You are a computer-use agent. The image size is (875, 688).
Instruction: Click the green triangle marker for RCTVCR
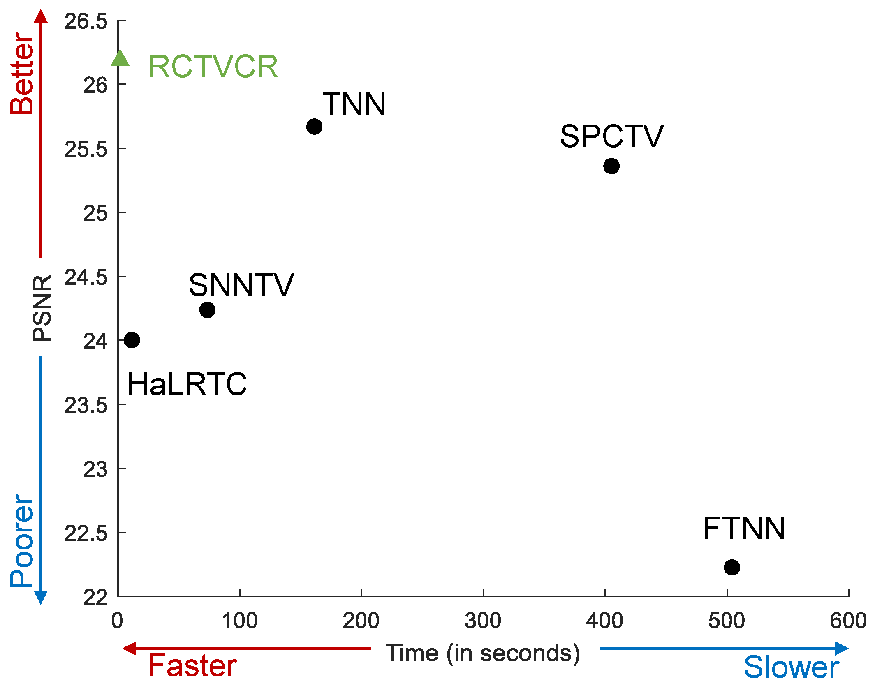tap(120, 59)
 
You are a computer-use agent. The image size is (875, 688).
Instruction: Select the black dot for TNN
tap(314, 127)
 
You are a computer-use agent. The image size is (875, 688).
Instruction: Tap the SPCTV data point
tap(611, 166)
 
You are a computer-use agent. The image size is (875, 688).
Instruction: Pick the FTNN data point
tap(732, 567)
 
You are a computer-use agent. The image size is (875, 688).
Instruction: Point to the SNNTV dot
tap(207, 309)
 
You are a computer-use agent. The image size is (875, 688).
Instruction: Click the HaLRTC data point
tap(132, 340)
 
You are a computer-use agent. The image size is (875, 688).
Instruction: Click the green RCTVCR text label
tap(213, 67)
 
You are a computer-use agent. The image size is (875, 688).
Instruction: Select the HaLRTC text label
tap(187, 384)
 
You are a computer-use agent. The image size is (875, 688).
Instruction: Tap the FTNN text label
tap(744, 529)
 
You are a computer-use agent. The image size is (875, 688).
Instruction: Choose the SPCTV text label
tap(611, 136)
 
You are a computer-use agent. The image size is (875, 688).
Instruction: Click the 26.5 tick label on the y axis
tap(86, 21)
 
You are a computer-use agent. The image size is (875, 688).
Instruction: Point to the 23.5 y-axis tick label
tap(86, 406)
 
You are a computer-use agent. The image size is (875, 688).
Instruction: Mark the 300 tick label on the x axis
tap(483, 621)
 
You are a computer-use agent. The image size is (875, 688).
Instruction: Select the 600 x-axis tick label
tap(848, 621)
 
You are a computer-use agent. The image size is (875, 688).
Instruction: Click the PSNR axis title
tap(42, 308)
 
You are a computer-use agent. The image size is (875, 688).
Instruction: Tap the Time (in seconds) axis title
tap(483, 653)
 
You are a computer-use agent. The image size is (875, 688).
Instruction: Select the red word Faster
tap(192, 665)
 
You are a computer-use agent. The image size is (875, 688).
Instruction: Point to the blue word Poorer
tap(22, 540)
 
